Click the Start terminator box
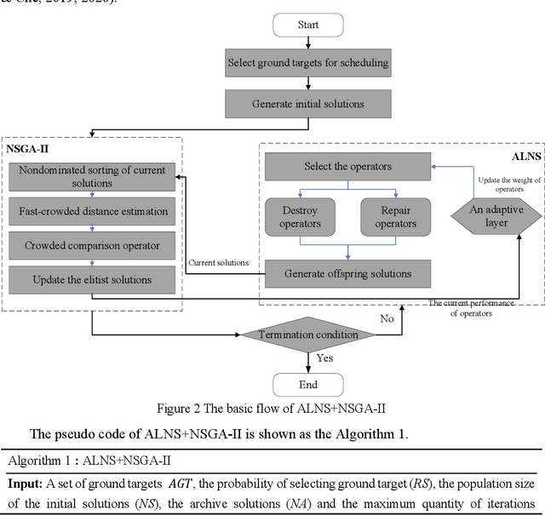[x=307, y=25]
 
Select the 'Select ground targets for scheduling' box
[x=307, y=62]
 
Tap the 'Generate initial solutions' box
[x=307, y=104]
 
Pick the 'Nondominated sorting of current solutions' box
[x=93, y=176]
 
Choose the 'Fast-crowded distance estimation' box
[x=93, y=212]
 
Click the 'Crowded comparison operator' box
[x=93, y=246]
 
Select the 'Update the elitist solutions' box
[x=93, y=279]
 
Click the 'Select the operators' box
[x=347, y=166]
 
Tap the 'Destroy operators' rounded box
[x=300, y=218]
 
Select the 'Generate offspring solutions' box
[x=347, y=273]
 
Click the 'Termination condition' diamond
[x=308, y=335]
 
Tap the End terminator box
[x=307, y=384]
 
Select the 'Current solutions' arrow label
[x=219, y=263]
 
